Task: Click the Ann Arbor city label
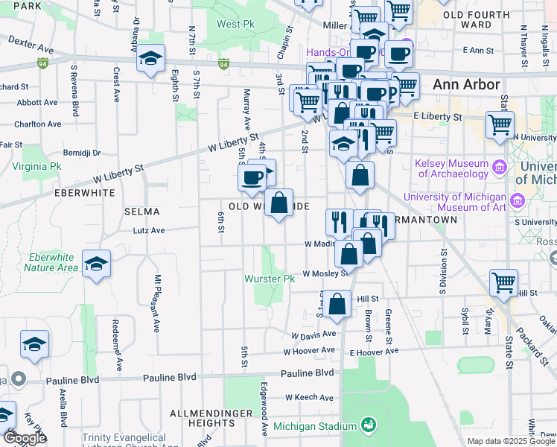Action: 466,84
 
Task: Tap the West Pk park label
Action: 235,24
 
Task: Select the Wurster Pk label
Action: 270,279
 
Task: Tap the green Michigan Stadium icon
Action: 367,425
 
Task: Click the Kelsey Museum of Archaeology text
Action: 453,169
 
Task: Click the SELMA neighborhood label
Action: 141,212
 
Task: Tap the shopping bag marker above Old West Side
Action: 278,203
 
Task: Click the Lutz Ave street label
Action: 149,231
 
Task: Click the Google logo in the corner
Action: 25,438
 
